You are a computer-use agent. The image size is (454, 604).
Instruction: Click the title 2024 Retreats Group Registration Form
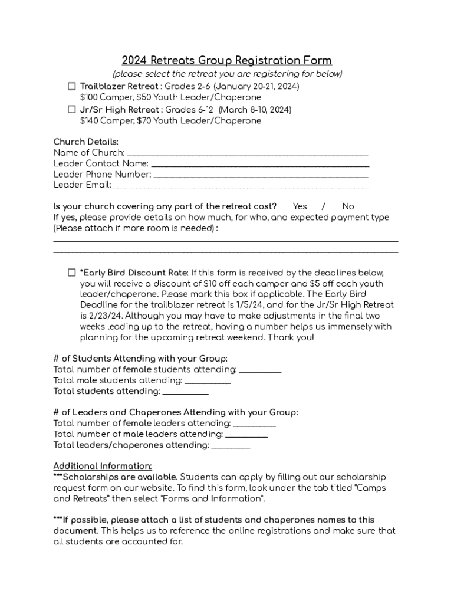(x=226, y=61)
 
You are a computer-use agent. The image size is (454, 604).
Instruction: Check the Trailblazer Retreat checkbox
(x=71, y=86)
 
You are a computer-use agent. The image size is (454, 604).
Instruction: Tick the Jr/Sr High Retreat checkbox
(x=71, y=110)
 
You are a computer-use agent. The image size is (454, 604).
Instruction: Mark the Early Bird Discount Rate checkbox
(x=71, y=273)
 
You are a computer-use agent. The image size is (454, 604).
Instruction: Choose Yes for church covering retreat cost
(x=300, y=206)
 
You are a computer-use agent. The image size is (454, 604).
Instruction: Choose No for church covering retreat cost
(x=348, y=206)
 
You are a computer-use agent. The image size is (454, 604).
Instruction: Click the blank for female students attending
(x=261, y=370)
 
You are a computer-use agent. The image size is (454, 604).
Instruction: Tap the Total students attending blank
(x=185, y=392)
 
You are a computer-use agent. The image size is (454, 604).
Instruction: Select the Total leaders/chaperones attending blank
(x=231, y=445)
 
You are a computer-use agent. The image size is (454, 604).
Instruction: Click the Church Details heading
(x=85, y=142)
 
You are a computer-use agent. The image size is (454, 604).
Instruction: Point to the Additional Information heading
(x=103, y=466)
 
